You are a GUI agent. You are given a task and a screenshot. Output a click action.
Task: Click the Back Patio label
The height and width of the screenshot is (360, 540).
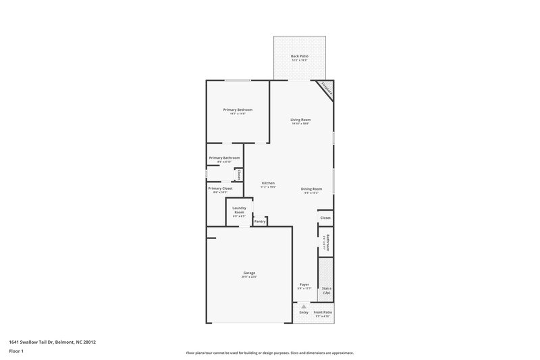pyautogui.click(x=299, y=56)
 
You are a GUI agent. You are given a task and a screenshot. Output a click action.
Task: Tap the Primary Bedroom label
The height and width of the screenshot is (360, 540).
pyautogui.click(x=238, y=109)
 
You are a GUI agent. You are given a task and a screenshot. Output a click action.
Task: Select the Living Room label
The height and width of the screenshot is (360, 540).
pyautogui.click(x=301, y=120)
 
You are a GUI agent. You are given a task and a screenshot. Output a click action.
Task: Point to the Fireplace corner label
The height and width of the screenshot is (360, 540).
pyautogui.click(x=327, y=88)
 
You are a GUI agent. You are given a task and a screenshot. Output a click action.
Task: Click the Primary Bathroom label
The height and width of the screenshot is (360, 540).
pyautogui.click(x=224, y=157)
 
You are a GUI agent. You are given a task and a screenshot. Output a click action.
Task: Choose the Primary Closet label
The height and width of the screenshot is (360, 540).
pyautogui.click(x=220, y=188)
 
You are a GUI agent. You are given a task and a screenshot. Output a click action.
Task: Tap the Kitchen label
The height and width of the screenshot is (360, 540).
pyautogui.click(x=268, y=183)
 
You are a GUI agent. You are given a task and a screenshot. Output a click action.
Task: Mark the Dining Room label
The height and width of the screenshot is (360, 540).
pyautogui.click(x=311, y=188)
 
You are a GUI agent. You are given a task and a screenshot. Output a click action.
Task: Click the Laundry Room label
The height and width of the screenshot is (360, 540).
pyautogui.click(x=239, y=210)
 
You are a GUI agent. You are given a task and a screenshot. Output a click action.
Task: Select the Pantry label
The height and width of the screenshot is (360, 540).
pyautogui.click(x=260, y=221)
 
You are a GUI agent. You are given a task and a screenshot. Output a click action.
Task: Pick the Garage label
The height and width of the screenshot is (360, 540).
pyautogui.click(x=250, y=273)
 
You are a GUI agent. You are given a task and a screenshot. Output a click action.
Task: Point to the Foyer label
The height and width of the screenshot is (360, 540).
pyautogui.click(x=304, y=284)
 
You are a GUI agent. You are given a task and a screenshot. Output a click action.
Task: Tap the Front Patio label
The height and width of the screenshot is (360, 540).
pyautogui.click(x=323, y=312)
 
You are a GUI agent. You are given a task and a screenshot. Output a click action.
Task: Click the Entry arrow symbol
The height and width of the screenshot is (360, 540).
pyautogui.click(x=304, y=306)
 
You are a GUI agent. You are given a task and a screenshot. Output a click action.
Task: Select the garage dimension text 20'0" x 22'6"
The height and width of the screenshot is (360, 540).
pyautogui.click(x=250, y=276)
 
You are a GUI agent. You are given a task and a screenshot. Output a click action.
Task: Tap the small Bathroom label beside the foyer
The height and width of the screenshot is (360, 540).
pyautogui.click(x=326, y=242)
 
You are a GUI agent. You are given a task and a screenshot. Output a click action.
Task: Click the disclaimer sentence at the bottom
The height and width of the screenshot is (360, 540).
pyautogui.click(x=270, y=353)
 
